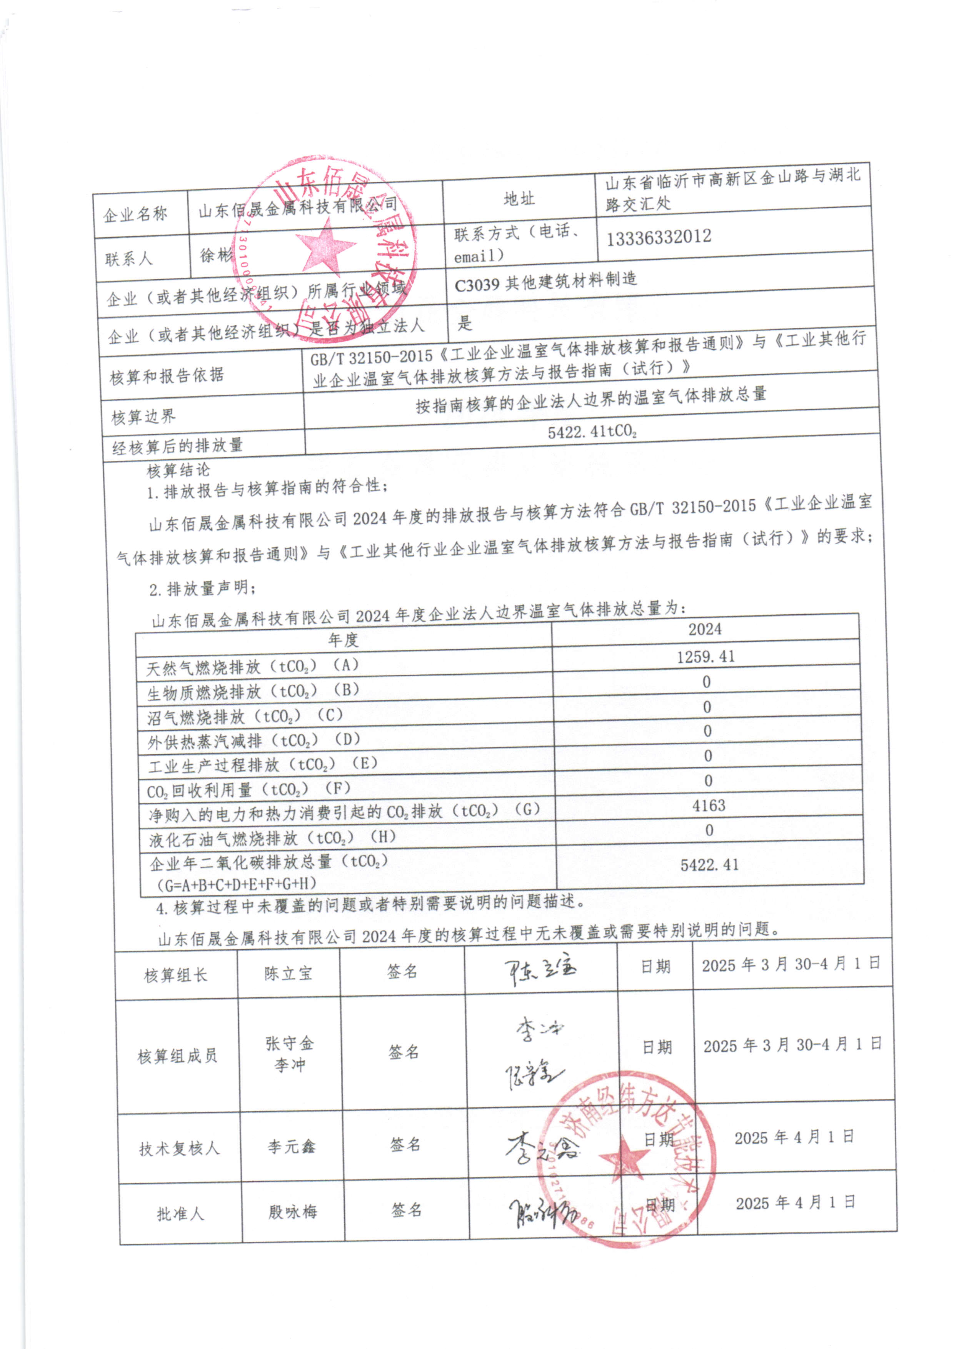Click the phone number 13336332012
659,237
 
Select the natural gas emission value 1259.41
705,656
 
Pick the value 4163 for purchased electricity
709,805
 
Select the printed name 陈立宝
288,974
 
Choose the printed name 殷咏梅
292,1212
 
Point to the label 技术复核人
179,1149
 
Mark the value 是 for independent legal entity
465,323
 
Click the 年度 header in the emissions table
343,640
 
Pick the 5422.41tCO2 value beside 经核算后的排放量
592,432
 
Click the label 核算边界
143,417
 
